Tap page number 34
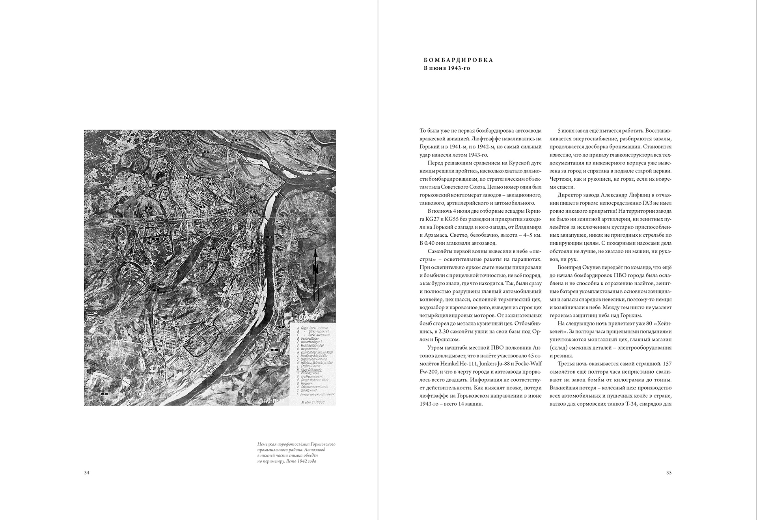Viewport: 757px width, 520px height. tap(87, 473)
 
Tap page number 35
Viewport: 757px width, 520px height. tap(669, 473)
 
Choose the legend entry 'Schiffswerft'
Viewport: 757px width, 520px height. tap(309, 390)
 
